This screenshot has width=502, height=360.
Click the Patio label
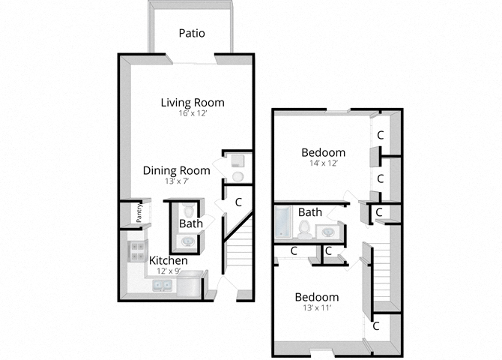click(x=192, y=33)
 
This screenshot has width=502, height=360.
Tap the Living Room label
click(x=193, y=102)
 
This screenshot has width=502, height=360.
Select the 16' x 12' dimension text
click(x=193, y=114)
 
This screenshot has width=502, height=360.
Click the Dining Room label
click(x=176, y=170)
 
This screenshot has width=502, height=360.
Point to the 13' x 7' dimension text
click(x=176, y=181)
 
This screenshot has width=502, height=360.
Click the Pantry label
click(x=139, y=214)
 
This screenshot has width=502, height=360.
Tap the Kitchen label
click(x=169, y=260)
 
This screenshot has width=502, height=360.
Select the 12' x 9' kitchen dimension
click(x=169, y=271)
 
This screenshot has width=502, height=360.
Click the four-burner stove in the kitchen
click(x=136, y=251)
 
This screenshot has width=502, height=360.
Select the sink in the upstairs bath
click(x=328, y=232)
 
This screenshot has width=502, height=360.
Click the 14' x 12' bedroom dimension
click(x=324, y=163)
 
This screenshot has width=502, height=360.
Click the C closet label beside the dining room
click(x=239, y=202)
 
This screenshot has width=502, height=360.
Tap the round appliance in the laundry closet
click(x=238, y=176)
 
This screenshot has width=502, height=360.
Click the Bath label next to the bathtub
click(x=309, y=212)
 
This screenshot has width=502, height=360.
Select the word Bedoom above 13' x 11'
click(x=315, y=297)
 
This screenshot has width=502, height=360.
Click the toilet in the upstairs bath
click(x=304, y=229)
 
